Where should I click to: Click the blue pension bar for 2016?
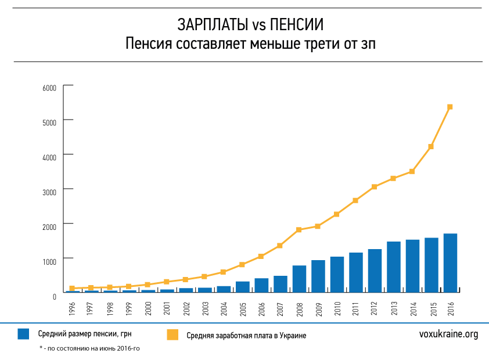(x=450, y=262)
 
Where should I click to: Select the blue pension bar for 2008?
(x=299, y=279)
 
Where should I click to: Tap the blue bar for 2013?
(x=394, y=267)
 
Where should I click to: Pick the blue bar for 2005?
(x=243, y=286)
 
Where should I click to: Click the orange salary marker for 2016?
(x=450, y=107)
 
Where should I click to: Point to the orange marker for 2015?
(x=431, y=147)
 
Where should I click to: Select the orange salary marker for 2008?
(x=299, y=230)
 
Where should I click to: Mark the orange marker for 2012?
(x=375, y=187)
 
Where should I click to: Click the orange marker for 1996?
(x=73, y=289)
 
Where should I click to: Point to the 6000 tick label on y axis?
(x=49, y=88)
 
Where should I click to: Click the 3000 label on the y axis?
(x=49, y=191)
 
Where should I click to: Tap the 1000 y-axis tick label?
(x=49, y=260)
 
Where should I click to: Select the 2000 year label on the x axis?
(x=148, y=308)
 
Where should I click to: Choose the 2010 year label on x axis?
(x=337, y=308)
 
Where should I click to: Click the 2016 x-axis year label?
(x=450, y=308)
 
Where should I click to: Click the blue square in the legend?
(x=24, y=334)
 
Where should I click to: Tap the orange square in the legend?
(x=172, y=335)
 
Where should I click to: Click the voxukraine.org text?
(x=448, y=334)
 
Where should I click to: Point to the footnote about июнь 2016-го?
(x=90, y=348)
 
